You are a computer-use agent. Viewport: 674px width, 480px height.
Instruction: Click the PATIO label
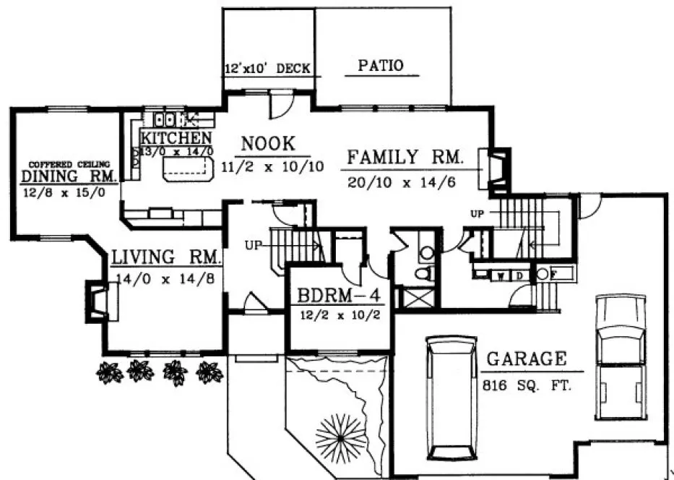click(380, 66)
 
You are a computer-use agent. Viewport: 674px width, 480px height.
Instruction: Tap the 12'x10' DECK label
click(267, 69)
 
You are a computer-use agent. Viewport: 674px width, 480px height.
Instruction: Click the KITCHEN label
click(176, 138)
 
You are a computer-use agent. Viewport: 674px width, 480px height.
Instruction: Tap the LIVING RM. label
click(165, 257)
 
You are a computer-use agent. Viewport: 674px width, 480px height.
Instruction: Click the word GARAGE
click(525, 359)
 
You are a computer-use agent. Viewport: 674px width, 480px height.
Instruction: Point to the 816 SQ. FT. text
click(526, 386)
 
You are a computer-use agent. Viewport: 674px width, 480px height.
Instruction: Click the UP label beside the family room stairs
click(476, 214)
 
